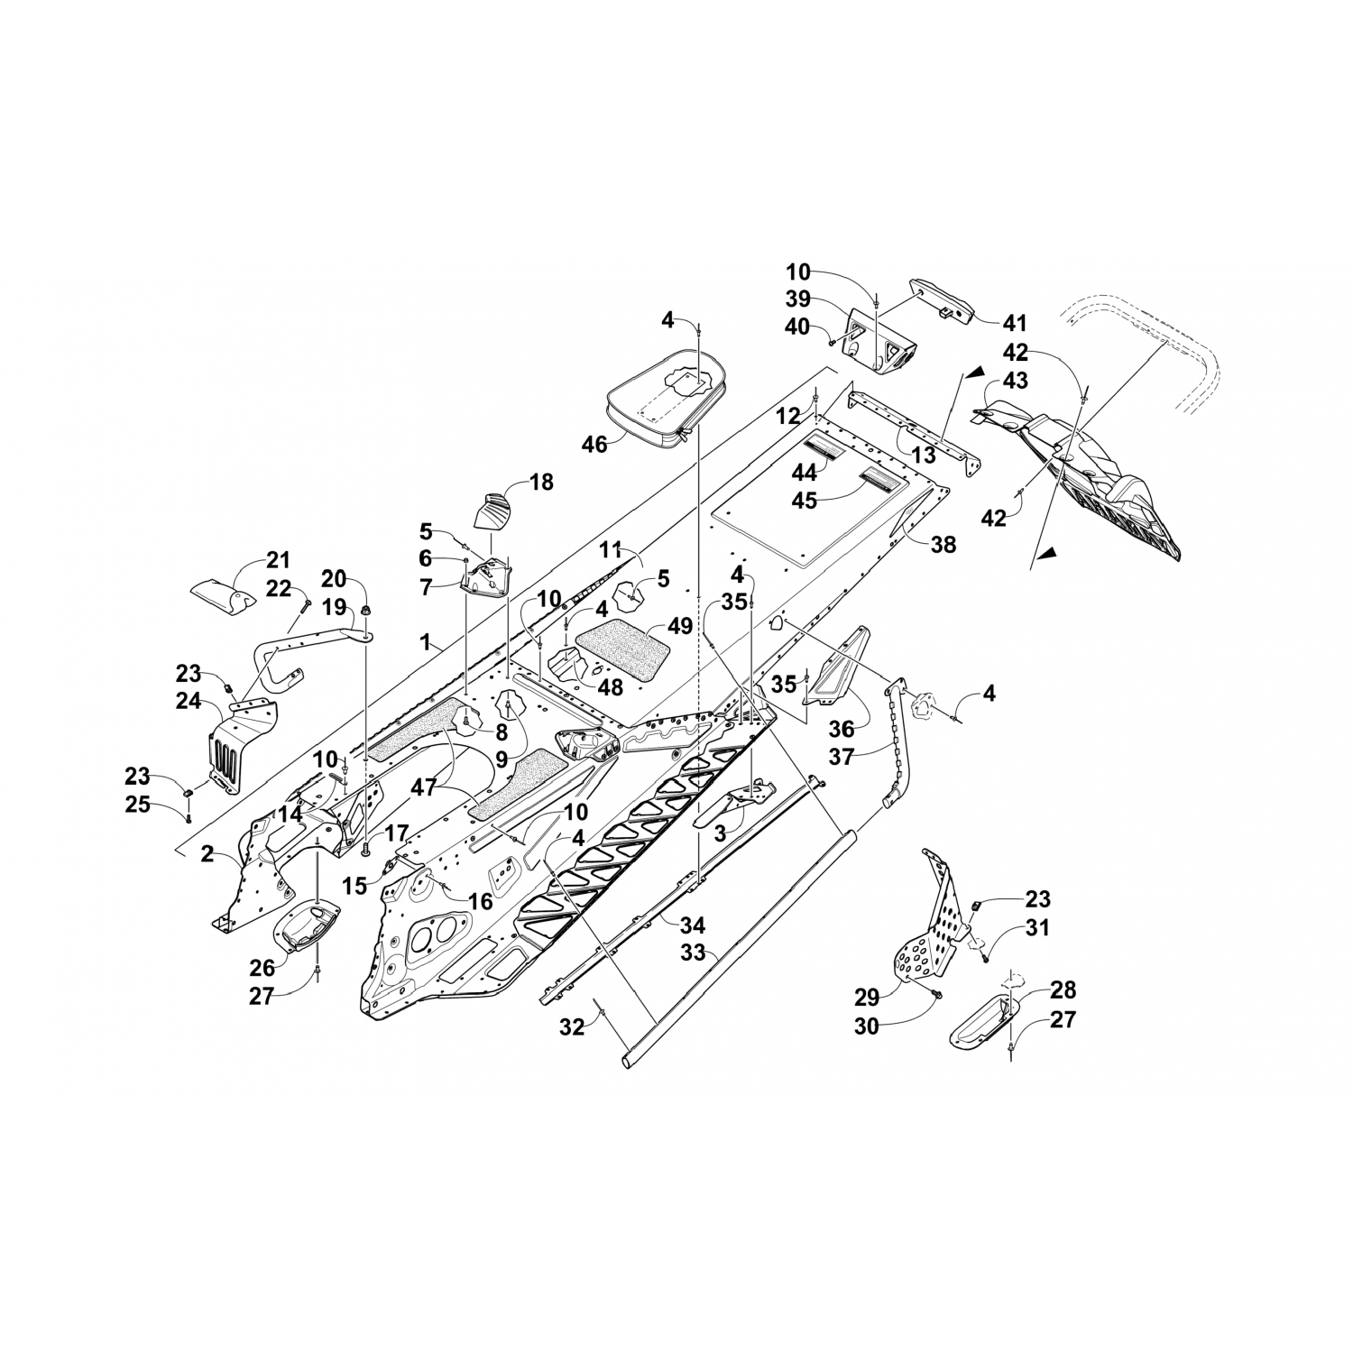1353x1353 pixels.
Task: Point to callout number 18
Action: (541, 482)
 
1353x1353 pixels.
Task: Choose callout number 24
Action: (188, 700)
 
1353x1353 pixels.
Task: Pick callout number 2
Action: (207, 853)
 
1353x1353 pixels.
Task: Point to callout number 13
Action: (922, 455)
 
